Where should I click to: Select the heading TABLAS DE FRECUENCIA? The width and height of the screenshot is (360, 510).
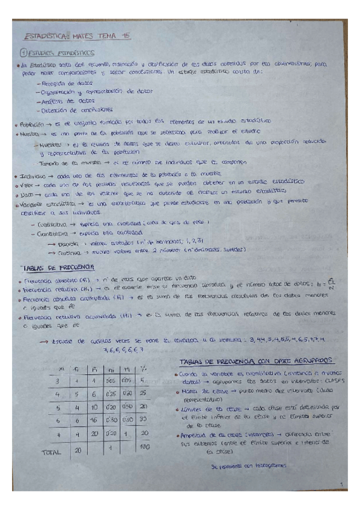[57, 268]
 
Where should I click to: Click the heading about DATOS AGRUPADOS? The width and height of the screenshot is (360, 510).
[257, 360]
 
